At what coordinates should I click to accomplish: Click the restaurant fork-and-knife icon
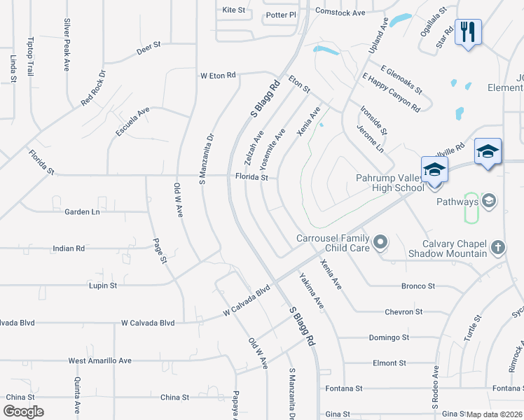click(468, 32)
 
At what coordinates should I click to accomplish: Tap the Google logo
click(23, 412)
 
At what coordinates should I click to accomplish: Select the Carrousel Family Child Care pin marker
click(380, 243)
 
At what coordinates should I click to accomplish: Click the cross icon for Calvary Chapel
click(497, 246)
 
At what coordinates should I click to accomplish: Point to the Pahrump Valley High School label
click(390, 183)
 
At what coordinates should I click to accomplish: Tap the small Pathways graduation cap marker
click(488, 202)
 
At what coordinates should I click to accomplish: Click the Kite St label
click(233, 10)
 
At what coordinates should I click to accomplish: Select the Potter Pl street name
click(282, 15)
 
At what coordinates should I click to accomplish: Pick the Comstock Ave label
click(340, 13)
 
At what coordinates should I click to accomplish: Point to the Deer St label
click(149, 46)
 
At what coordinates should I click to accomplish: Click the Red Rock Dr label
click(92, 87)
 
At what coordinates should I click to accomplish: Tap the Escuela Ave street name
click(132, 121)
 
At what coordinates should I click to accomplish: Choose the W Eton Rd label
click(218, 75)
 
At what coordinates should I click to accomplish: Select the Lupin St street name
click(102, 286)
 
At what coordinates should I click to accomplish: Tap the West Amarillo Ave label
click(99, 360)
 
